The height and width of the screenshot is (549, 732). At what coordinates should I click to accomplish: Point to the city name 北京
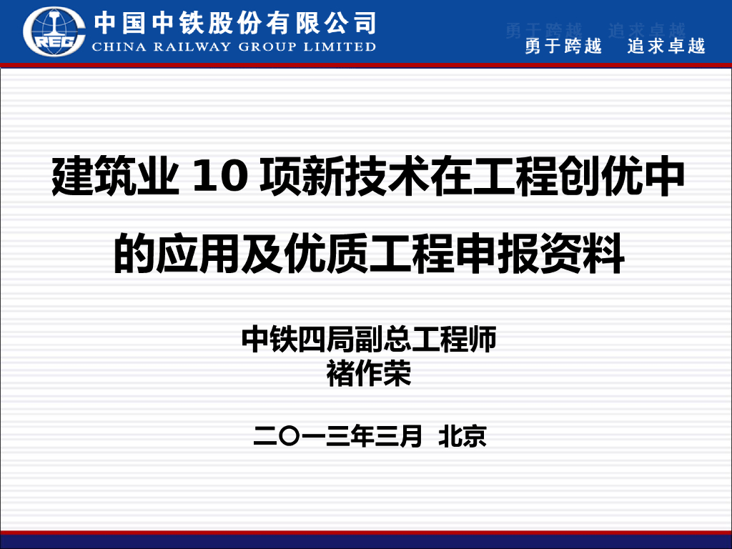463,435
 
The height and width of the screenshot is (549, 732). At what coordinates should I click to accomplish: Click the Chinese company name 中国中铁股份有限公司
235,23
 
